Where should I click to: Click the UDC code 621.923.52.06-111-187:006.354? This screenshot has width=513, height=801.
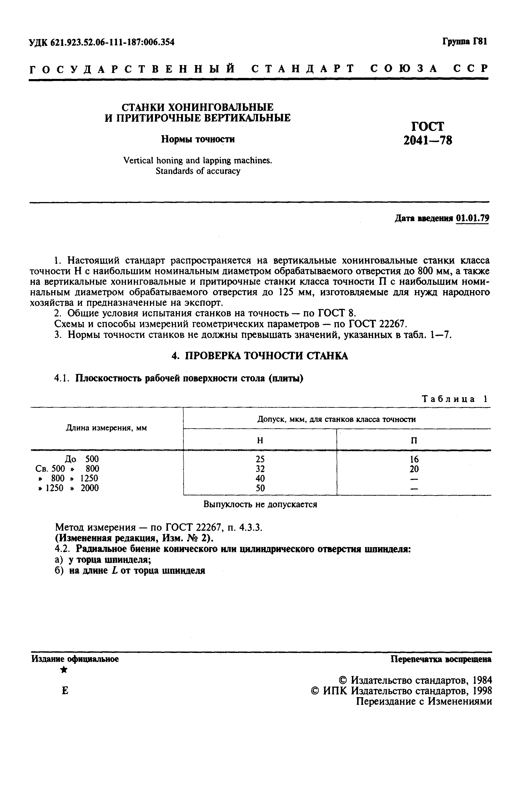[101, 42]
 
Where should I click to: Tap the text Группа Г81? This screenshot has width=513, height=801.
[465, 42]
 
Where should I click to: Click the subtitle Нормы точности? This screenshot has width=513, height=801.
[198, 139]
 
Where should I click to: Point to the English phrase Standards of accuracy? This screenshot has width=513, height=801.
[198, 171]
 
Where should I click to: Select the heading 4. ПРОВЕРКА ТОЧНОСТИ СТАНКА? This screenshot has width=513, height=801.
[259, 356]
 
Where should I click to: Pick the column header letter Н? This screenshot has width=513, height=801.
[260, 441]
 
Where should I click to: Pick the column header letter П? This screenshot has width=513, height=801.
[414, 441]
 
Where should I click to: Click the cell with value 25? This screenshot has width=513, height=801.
[260, 459]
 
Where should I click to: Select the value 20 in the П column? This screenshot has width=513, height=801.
[414, 469]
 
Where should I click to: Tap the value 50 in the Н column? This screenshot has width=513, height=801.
[260, 488]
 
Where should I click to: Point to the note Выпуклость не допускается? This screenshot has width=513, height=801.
[260, 505]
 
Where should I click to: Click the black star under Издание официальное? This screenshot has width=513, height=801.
[64, 670]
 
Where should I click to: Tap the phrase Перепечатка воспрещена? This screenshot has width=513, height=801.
[441, 659]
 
